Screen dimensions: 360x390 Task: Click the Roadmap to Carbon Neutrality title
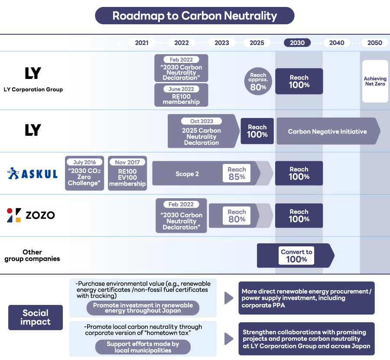tap(195, 16)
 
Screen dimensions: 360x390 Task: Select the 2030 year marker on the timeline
tap(297, 43)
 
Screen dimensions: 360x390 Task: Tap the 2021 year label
tap(142, 43)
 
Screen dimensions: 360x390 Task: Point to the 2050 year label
tap(374, 43)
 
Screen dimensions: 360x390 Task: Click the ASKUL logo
tap(33, 174)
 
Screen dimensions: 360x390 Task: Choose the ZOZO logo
tap(31, 215)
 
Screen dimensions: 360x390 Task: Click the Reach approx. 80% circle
tap(258, 81)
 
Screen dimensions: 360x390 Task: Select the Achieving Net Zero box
tap(375, 82)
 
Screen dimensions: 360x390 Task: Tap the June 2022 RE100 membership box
tap(181, 95)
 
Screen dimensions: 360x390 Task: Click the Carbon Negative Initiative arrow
tap(328, 131)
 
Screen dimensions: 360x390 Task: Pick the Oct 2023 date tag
tap(201, 121)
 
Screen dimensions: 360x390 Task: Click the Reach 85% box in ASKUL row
tap(237, 173)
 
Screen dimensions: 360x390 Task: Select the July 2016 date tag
tap(85, 162)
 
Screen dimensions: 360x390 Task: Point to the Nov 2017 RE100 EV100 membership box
tap(127, 173)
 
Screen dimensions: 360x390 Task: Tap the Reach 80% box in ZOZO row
tap(237, 216)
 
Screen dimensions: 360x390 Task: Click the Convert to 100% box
tap(296, 255)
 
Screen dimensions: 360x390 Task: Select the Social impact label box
tap(36, 317)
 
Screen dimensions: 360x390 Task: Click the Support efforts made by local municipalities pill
tap(143, 347)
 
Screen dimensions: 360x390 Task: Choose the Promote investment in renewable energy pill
tap(143, 308)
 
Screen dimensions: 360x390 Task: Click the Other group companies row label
tap(32, 255)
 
